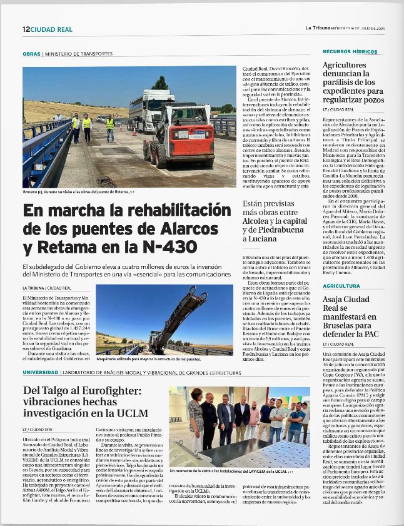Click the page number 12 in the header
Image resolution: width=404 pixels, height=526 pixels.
26,29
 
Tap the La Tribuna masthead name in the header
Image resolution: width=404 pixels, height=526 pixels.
318,28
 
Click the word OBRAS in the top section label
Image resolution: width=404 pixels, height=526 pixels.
31,54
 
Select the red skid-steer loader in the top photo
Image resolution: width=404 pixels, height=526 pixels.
179,134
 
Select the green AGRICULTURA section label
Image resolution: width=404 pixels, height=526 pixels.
341,285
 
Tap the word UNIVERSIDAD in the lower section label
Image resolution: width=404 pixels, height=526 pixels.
41,373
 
